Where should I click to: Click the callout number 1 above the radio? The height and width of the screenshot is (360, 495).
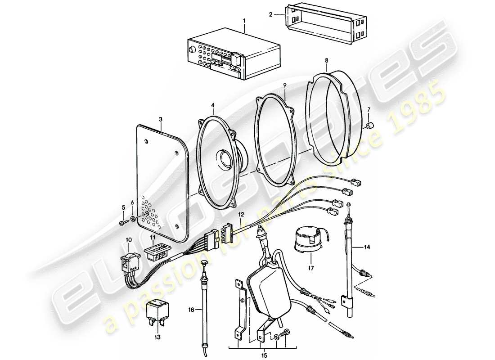245,20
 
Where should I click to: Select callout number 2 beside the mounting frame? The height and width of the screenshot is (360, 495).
270,14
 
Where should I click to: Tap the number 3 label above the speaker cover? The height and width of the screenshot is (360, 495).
160,119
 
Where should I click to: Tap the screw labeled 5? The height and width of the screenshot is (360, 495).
122,223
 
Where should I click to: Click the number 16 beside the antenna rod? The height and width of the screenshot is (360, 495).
191,310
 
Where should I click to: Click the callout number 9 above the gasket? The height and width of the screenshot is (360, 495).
284,85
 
